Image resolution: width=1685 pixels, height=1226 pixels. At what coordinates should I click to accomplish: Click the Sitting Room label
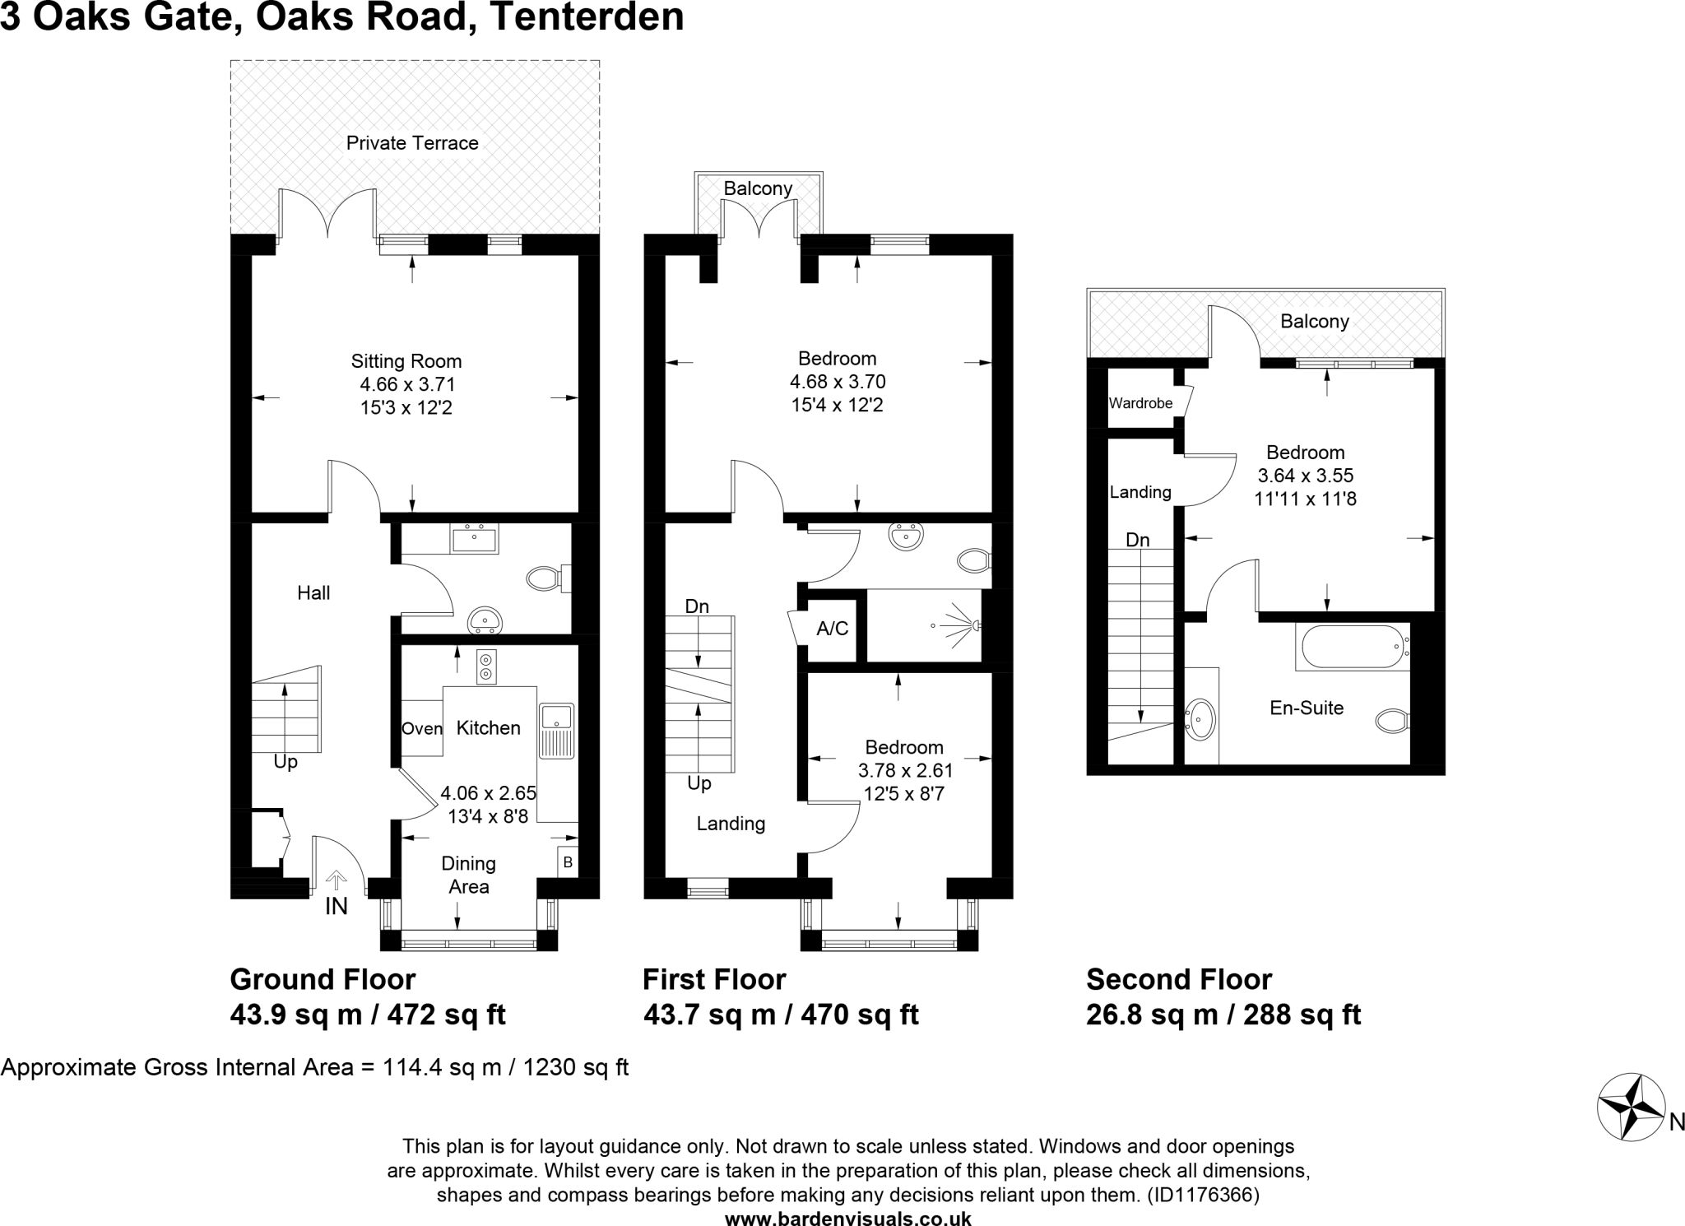[406, 361]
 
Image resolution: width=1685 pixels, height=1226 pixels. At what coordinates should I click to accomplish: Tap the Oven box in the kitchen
[421, 728]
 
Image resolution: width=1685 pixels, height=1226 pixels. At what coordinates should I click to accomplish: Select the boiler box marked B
[568, 862]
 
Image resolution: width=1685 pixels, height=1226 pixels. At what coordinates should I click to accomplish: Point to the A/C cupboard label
[832, 629]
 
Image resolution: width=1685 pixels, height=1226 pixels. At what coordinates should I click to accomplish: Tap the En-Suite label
[1307, 708]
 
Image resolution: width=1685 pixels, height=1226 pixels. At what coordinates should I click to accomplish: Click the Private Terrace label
[412, 143]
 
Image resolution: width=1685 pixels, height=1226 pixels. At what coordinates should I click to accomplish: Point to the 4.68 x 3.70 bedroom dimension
[838, 382]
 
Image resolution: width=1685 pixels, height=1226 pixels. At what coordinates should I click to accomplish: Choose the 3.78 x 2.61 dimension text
[905, 771]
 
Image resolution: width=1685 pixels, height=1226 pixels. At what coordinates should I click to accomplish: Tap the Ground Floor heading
[323, 979]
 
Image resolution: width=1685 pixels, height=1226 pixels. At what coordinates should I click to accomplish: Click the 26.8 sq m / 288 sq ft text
[1223, 1015]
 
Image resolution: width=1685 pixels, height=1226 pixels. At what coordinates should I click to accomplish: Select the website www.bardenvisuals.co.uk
[847, 1219]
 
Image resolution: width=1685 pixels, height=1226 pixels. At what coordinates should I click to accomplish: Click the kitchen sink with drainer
[557, 731]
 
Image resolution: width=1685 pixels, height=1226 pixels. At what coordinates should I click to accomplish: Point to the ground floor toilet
[545, 578]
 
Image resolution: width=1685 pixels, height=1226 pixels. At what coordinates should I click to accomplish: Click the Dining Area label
[468, 875]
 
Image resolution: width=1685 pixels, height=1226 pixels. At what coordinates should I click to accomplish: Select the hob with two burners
[486, 666]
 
